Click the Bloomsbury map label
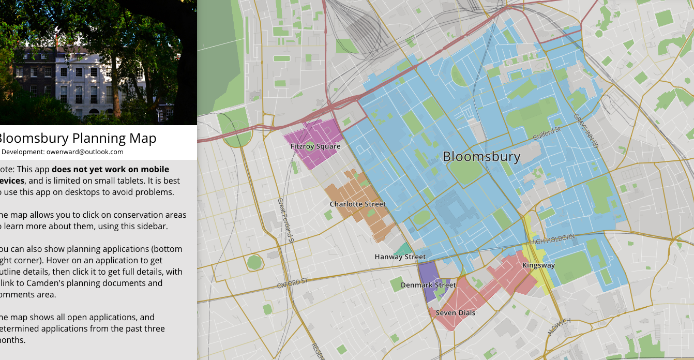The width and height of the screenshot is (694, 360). point(481,157)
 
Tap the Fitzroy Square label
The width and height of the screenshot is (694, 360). point(315,146)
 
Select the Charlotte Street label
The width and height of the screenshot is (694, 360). point(358,204)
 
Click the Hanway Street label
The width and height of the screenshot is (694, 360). point(400,257)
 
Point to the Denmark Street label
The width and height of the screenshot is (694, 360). point(428,285)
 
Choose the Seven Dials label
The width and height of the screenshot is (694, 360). point(455,313)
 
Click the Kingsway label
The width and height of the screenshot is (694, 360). point(538,265)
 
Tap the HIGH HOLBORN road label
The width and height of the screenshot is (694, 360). point(552,240)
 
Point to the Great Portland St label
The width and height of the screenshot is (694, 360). point(285,220)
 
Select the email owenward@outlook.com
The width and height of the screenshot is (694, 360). point(85,152)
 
